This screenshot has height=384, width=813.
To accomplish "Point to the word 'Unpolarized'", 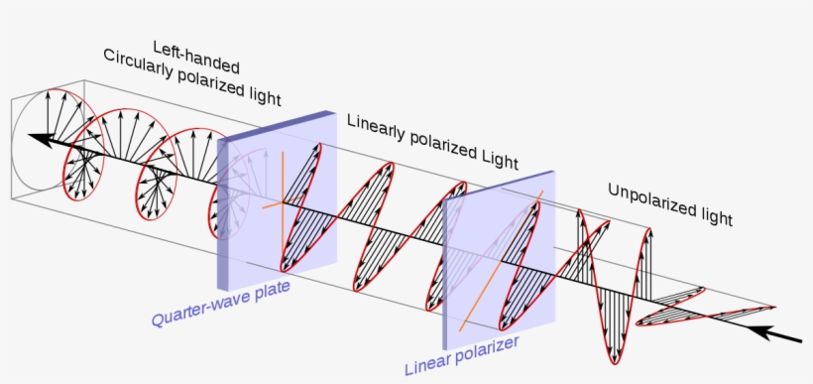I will click(647, 197).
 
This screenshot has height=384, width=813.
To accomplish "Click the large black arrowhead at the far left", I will click(38, 139).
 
